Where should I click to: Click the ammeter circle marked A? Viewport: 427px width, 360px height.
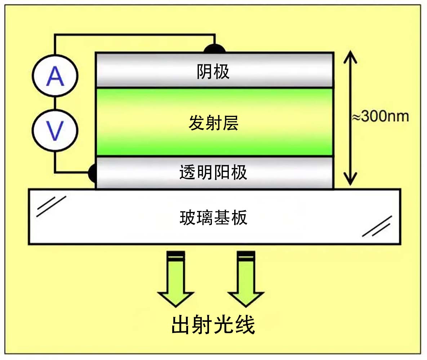pos(55,76)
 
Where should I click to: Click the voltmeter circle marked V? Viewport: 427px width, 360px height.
pos(55,130)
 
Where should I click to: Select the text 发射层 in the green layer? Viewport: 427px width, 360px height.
pos(213,123)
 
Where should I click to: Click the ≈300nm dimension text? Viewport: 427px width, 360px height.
pos(381,117)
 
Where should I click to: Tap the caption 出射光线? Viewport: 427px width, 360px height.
pos(213,325)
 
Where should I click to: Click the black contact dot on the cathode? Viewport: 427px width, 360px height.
pos(215,49)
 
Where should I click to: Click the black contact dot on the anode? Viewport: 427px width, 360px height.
pos(92,173)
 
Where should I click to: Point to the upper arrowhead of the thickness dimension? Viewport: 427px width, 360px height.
pos(350,58)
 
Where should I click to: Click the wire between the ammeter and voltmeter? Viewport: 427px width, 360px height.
pos(55,103)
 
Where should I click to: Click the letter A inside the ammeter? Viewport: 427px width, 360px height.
pos(55,77)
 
